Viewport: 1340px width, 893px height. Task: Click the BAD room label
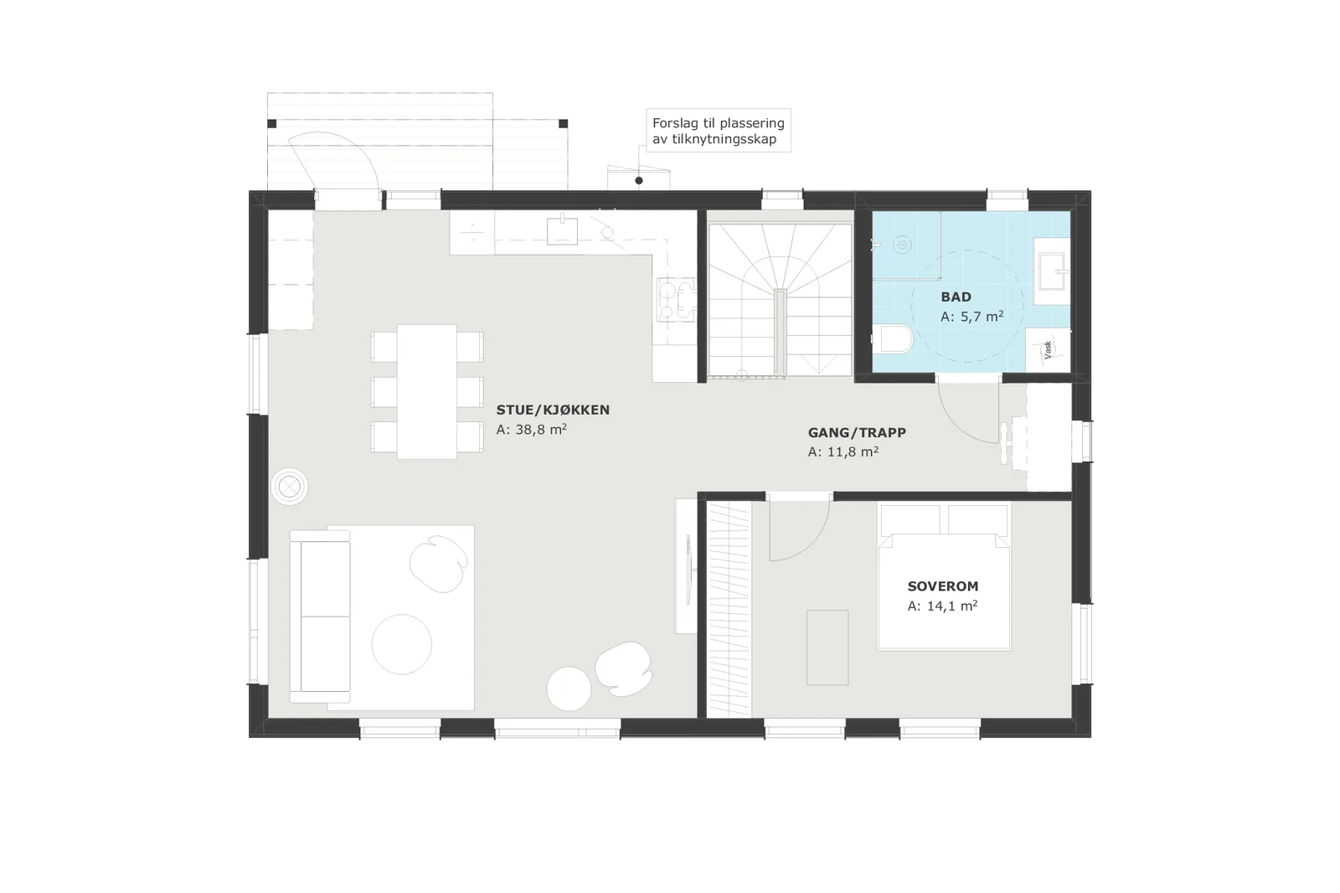(x=956, y=297)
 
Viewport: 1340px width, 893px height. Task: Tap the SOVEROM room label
(x=943, y=586)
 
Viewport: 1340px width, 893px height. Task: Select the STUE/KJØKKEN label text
(x=553, y=410)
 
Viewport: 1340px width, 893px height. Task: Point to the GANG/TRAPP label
(x=857, y=432)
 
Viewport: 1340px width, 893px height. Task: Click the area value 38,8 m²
(x=531, y=430)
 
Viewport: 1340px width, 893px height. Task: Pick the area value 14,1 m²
(x=943, y=607)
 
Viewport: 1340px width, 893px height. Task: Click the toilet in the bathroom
(x=896, y=339)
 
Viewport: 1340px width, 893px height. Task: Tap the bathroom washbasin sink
(x=1052, y=271)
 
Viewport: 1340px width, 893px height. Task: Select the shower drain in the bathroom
(x=902, y=245)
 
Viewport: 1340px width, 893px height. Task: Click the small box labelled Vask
(x=1048, y=350)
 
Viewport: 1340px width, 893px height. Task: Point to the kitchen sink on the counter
(x=562, y=230)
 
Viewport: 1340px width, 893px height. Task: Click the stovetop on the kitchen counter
(x=676, y=299)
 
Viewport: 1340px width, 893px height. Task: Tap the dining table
(x=427, y=392)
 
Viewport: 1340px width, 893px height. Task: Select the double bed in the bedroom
(x=944, y=577)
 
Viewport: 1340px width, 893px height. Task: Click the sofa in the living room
(x=320, y=617)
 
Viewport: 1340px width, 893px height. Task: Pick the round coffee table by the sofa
(x=401, y=644)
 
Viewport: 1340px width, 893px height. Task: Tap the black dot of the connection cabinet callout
(x=639, y=180)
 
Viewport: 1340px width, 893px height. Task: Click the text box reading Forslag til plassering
(x=719, y=131)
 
